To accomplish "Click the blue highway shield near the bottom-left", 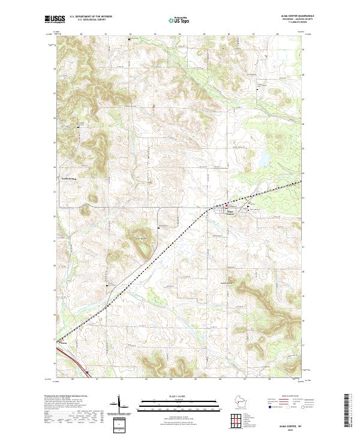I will [87, 372].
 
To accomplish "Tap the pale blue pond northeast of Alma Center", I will [263, 160].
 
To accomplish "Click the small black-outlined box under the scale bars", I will [119, 425].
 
